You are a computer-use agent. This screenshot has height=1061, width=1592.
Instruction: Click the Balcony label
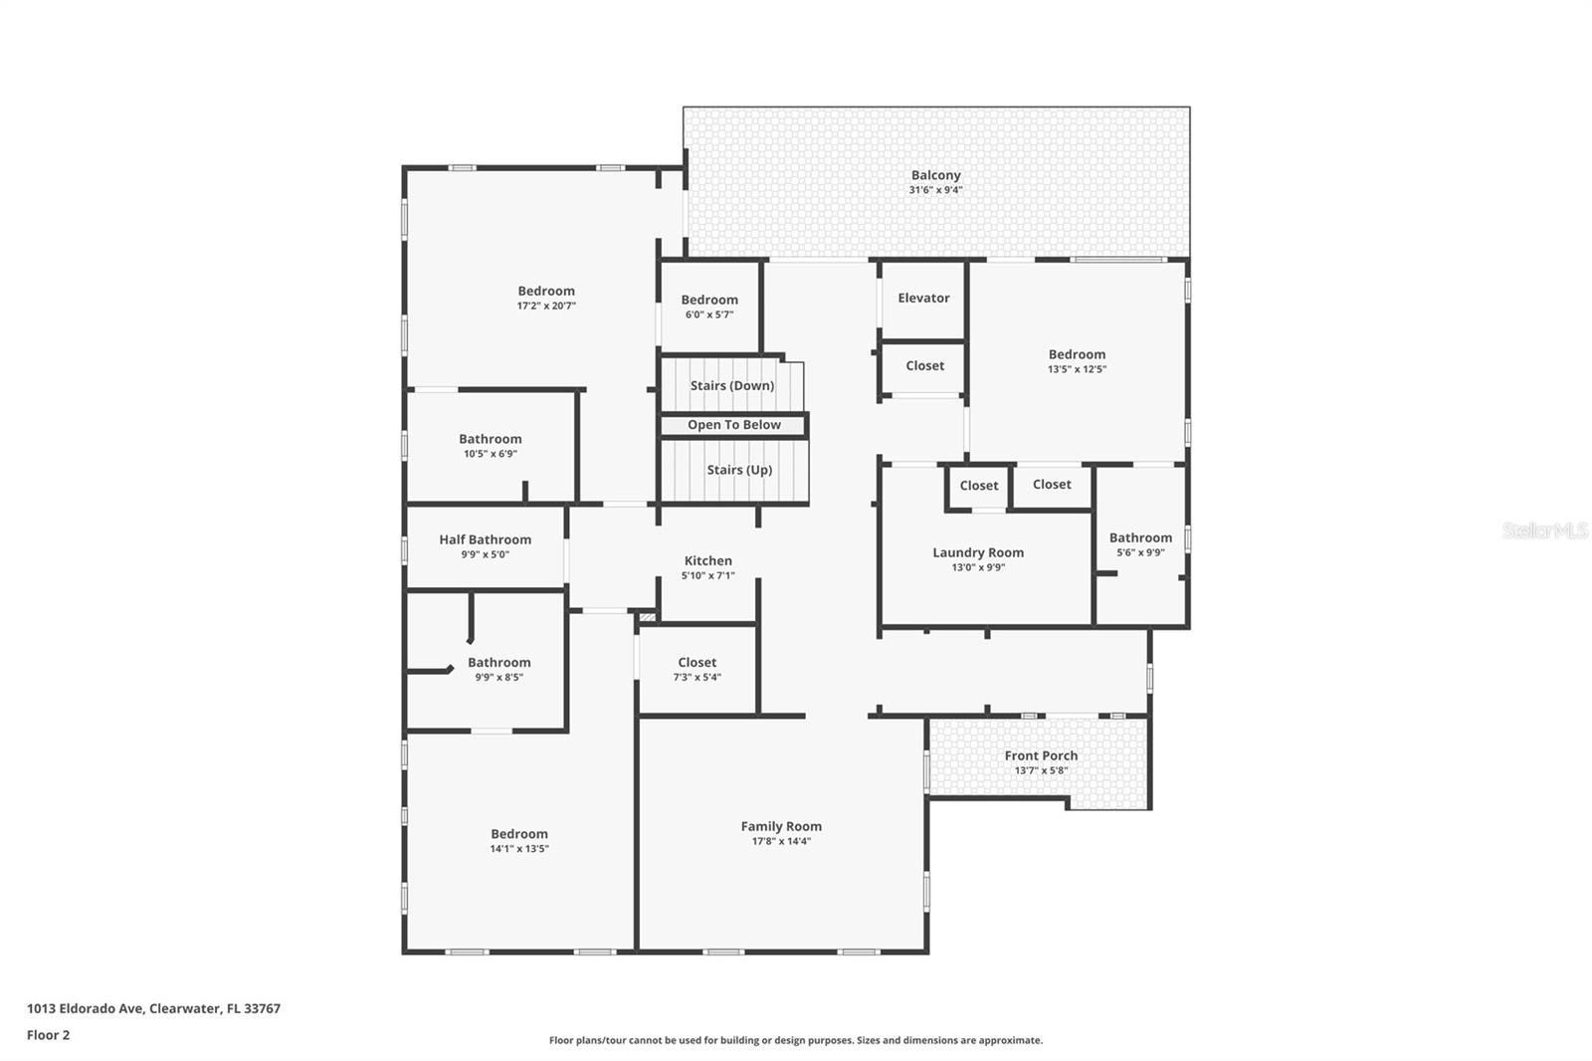tap(935, 176)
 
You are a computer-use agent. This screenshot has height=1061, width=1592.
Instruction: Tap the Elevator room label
tap(923, 298)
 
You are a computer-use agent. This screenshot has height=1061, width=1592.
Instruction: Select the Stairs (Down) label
tap(731, 386)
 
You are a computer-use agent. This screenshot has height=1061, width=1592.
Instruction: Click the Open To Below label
tap(733, 425)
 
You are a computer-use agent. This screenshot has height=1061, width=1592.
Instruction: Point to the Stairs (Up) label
tap(739, 470)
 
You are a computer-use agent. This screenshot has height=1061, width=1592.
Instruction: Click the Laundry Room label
tap(977, 552)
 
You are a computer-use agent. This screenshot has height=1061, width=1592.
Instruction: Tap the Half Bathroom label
tap(485, 539)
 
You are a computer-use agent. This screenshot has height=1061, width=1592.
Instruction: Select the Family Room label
tap(781, 826)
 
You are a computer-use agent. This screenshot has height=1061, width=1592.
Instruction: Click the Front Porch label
tap(1041, 755)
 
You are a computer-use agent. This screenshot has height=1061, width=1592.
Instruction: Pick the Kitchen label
tap(707, 561)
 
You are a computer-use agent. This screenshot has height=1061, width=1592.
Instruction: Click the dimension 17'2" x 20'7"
tap(546, 307)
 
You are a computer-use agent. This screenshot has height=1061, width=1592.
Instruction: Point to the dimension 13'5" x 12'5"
tap(1077, 369)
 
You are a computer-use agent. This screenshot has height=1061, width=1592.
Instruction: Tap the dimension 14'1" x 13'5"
tap(518, 849)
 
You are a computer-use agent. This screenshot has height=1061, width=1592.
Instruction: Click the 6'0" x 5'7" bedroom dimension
tap(708, 315)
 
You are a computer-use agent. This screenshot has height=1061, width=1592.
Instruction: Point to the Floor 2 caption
tap(48, 1035)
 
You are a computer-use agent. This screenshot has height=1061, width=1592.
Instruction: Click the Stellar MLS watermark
tap(1544, 531)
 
